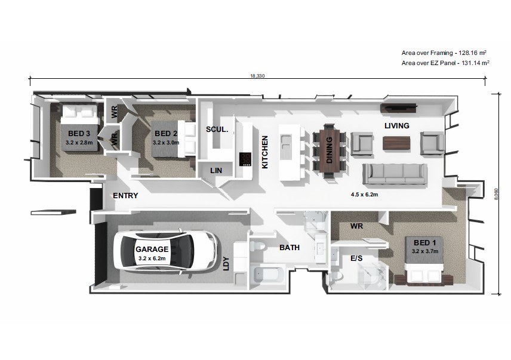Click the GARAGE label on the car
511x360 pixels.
point(152,249)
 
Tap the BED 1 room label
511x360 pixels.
point(424,243)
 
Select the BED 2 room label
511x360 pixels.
point(166,133)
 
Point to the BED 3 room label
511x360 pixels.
point(79,133)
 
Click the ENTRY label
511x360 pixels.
point(125,195)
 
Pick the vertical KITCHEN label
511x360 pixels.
point(265,152)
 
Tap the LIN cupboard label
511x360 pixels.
point(216,170)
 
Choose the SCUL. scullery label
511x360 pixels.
point(217,130)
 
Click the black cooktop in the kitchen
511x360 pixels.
point(245,159)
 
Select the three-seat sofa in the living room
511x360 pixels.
point(395,174)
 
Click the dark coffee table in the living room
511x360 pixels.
point(396,143)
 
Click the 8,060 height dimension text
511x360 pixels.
point(496,194)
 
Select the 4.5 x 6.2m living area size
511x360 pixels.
point(364,195)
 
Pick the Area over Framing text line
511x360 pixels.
point(444,53)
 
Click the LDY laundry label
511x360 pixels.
point(226,264)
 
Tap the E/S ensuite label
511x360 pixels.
point(356,259)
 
